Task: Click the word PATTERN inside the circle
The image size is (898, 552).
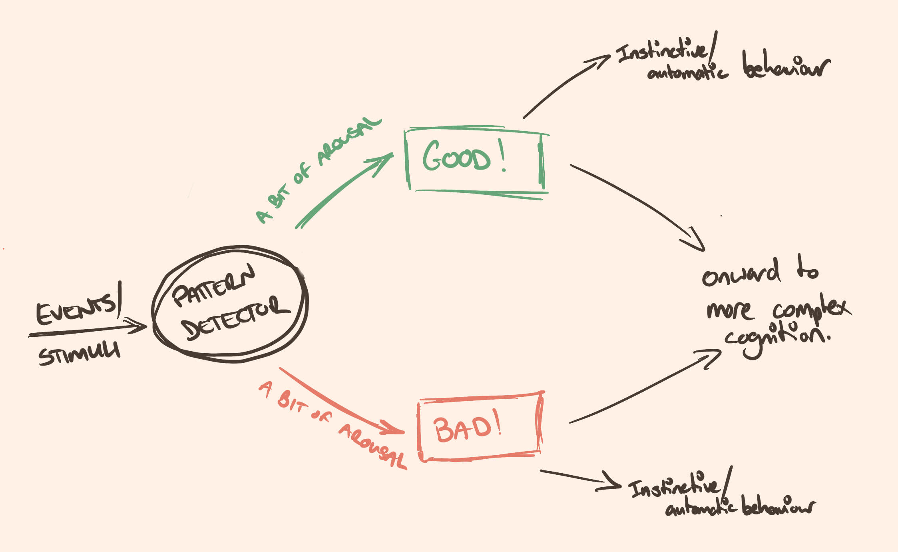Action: [x=213, y=286]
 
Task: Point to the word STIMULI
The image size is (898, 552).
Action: [x=79, y=354]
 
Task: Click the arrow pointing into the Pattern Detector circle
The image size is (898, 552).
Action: [x=88, y=330]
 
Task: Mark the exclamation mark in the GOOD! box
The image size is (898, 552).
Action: [x=502, y=156]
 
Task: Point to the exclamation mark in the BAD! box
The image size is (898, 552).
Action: [x=497, y=422]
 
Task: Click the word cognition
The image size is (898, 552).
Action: [x=777, y=338]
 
